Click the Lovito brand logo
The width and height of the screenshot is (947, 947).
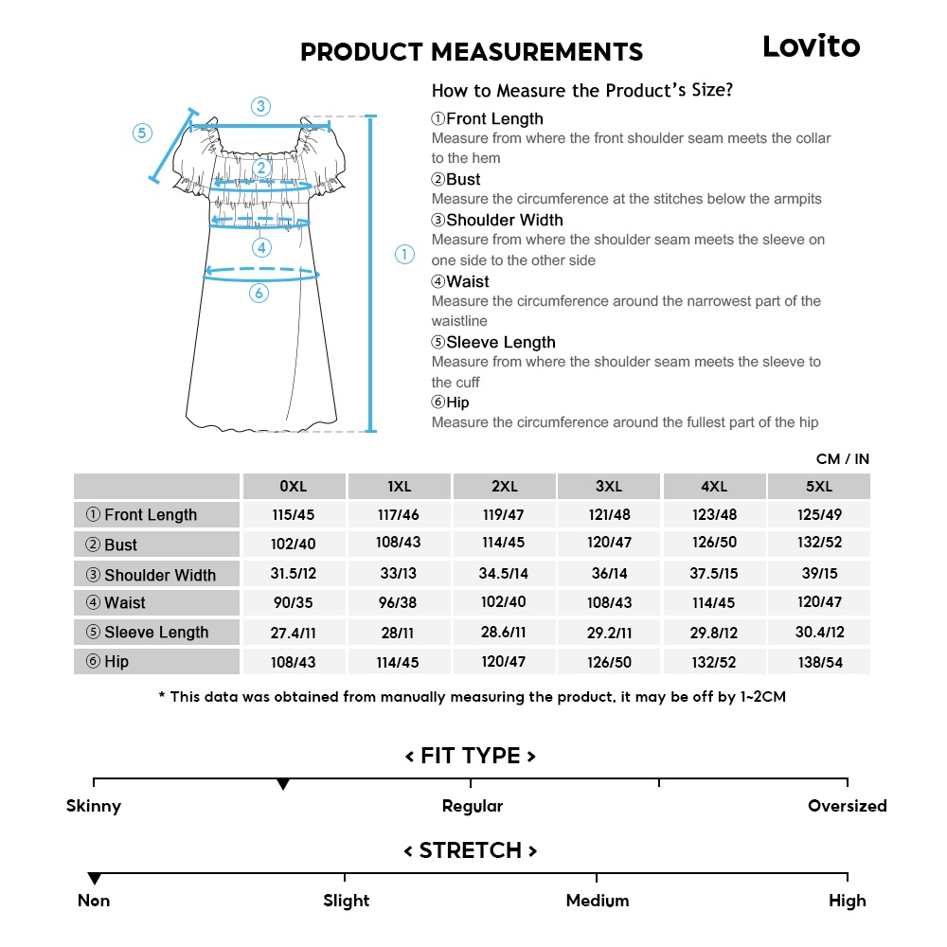(x=811, y=46)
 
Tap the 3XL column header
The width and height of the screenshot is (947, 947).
(x=609, y=487)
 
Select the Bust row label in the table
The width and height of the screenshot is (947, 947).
(x=156, y=545)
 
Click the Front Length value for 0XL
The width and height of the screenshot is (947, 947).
(x=294, y=515)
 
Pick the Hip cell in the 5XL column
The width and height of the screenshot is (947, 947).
(x=818, y=662)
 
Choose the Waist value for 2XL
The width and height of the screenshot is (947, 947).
(x=504, y=603)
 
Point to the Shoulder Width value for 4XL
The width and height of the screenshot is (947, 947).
(x=714, y=574)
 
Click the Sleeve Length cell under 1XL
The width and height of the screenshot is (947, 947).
(x=399, y=633)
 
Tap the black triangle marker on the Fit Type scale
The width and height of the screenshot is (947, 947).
(x=282, y=785)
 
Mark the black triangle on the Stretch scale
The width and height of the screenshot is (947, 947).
(x=94, y=879)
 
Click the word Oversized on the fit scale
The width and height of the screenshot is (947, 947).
(x=847, y=807)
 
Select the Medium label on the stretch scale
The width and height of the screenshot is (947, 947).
(x=597, y=901)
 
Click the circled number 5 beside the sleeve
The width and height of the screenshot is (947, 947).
(x=142, y=134)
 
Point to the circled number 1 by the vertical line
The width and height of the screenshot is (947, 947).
(x=404, y=254)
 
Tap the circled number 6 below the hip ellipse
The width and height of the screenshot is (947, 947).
(x=259, y=294)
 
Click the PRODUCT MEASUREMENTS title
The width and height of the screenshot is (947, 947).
(x=472, y=52)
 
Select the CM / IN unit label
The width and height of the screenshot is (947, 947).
(x=842, y=459)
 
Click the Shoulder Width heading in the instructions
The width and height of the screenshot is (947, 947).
(x=497, y=220)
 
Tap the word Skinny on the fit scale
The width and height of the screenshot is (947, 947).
(x=94, y=807)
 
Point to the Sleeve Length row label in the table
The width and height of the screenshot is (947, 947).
(x=156, y=633)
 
